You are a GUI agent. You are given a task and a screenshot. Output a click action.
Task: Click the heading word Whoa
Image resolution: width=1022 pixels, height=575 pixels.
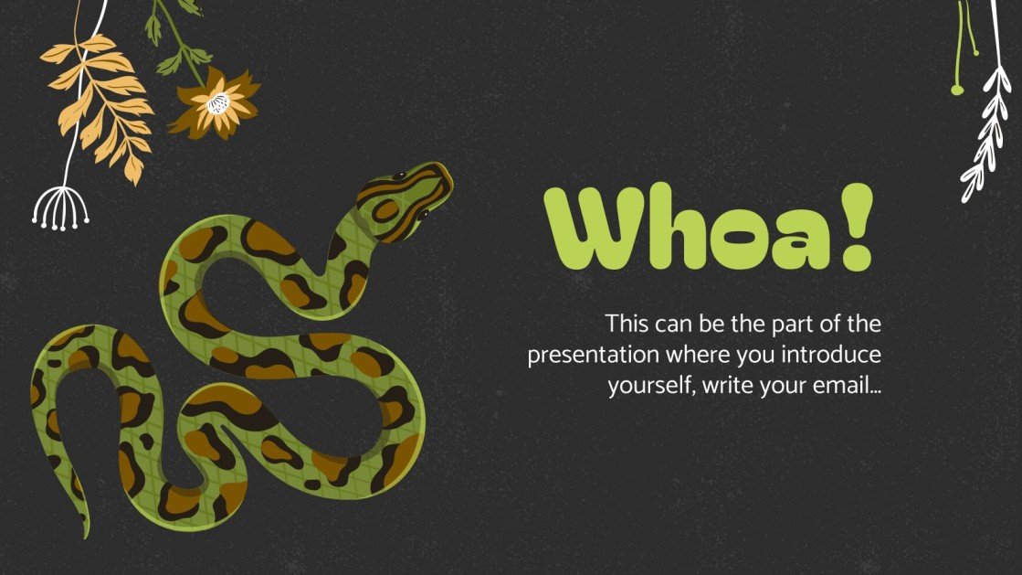click(x=685, y=229)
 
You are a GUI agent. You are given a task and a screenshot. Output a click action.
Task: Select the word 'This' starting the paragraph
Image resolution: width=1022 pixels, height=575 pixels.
click(x=625, y=324)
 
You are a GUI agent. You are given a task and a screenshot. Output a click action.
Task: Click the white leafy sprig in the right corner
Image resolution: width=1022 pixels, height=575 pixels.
click(x=986, y=137)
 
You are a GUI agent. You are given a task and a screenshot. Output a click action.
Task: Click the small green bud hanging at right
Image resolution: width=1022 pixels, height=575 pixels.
click(x=956, y=89)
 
